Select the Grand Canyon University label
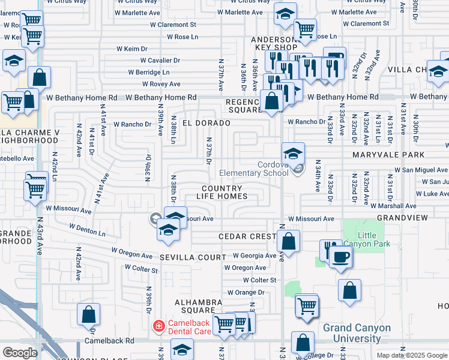click(x=357, y=333)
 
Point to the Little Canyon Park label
click(x=373, y=239)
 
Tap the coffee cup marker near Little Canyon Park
click(x=341, y=257)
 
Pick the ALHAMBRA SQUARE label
click(x=194, y=306)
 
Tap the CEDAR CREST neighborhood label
click(x=246, y=237)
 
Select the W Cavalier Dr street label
click(x=160, y=61)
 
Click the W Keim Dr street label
click(x=132, y=49)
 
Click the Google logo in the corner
click(x=20, y=353)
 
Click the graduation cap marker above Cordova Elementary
click(x=293, y=153)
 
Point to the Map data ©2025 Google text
click(x=411, y=355)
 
